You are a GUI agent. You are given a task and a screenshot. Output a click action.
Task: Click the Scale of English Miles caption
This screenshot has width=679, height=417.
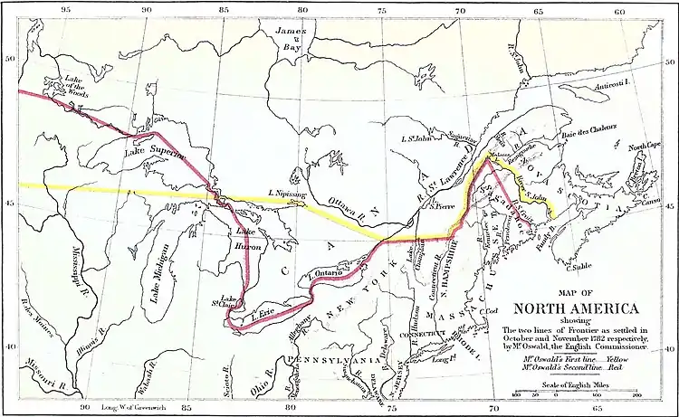(574, 386)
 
